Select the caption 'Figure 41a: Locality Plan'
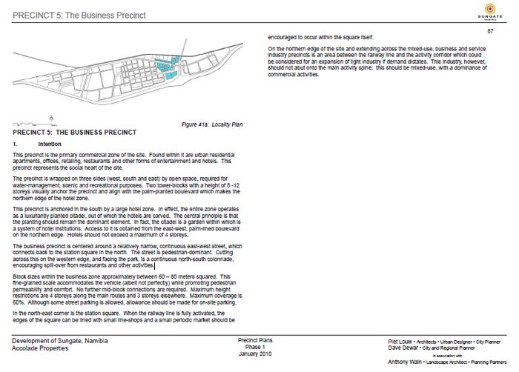211,124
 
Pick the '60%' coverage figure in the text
19,303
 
